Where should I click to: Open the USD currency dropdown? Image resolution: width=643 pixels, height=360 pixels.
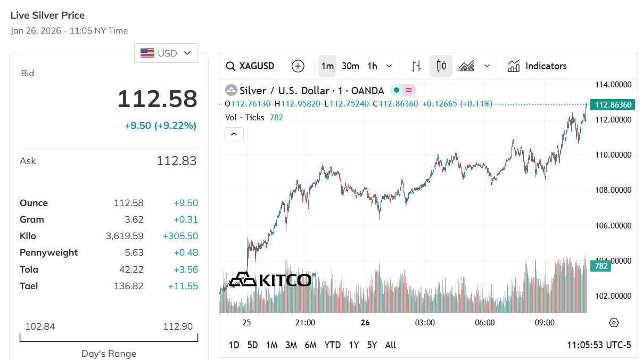[166, 53]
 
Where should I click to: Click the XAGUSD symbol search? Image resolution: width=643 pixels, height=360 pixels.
[250, 66]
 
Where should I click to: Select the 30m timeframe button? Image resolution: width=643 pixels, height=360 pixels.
[350, 66]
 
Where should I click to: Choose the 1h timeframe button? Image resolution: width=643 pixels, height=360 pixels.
[372, 66]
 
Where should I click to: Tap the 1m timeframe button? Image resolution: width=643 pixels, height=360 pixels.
[327, 66]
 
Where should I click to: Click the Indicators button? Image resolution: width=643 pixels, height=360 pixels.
[537, 66]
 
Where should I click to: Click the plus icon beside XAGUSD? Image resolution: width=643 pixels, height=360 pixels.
[298, 66]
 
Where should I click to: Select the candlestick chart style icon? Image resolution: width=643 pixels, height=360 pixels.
[441, 66]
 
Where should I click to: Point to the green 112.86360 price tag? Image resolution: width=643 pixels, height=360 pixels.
[612, 104]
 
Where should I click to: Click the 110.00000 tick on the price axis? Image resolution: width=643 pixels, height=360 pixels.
[613, 155]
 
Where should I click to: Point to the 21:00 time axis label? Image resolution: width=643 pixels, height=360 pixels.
[305, 323]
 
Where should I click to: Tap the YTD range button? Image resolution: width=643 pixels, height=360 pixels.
[332, 345]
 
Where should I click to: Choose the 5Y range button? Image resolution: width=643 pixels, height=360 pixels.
[372, 345]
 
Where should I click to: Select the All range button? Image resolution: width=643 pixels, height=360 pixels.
[390, 345]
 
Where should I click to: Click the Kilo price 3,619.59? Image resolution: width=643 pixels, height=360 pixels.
[125, 236]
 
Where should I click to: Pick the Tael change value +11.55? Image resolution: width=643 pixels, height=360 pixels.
[183, 286]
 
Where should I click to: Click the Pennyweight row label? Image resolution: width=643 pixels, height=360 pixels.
[48, 252]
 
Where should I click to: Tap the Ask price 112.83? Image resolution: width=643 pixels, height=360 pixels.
[177, 161]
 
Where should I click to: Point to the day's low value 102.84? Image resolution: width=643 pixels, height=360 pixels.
[40, 326]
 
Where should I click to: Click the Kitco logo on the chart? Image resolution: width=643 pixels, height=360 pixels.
[271, 280]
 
